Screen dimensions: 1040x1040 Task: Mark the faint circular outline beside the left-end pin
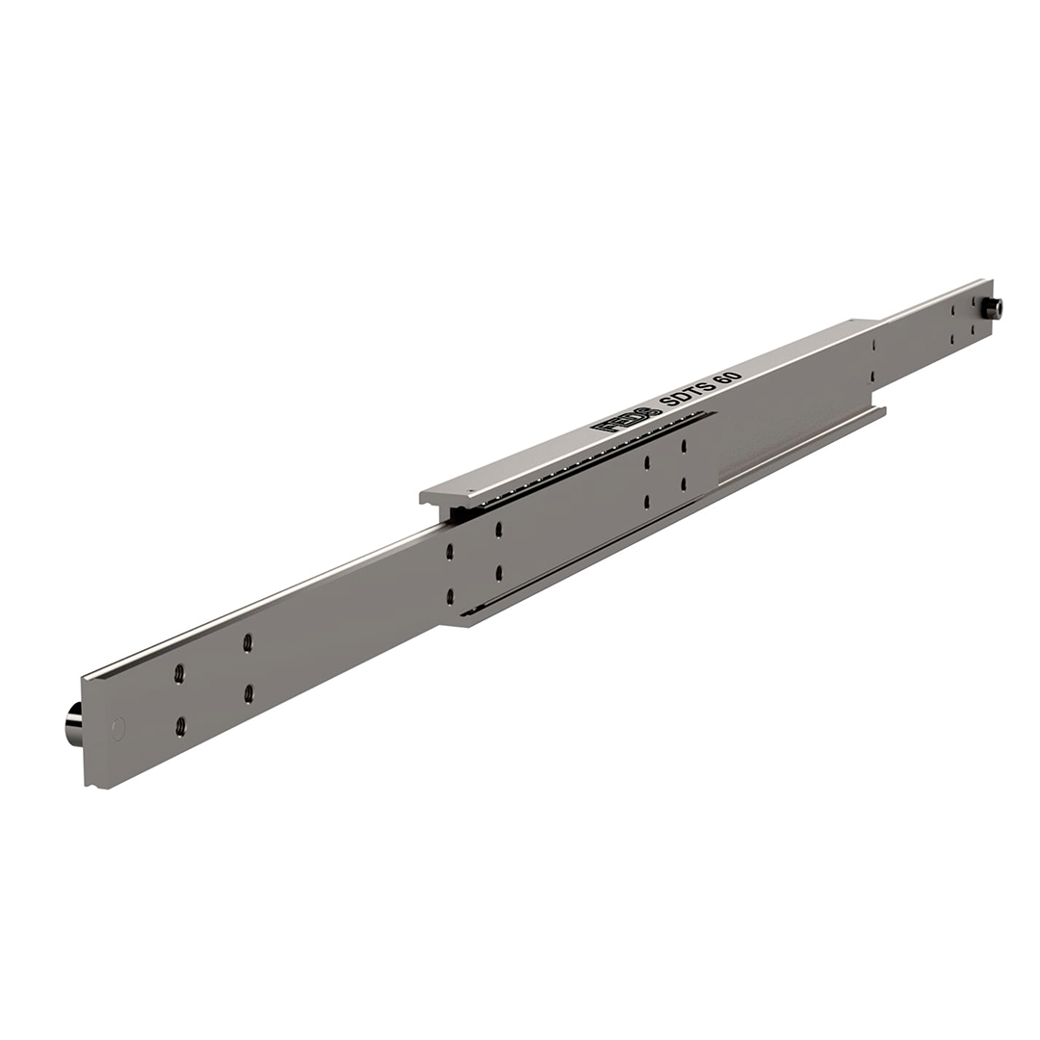tap(118, 728)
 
